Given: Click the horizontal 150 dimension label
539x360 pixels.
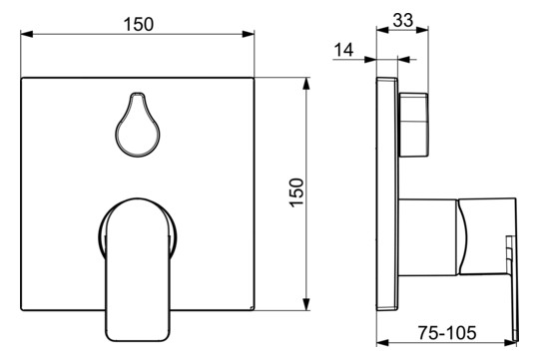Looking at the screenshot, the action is [x=139, y=24].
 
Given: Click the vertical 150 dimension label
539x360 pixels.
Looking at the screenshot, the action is [x=296, y=192].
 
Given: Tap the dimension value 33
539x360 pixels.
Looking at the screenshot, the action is [x=403, y=20].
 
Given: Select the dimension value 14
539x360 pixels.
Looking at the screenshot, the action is [x=343, y=50].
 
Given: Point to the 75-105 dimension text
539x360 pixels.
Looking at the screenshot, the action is [x=447, y=332].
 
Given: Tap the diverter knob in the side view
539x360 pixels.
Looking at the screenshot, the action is [x=413, y=125].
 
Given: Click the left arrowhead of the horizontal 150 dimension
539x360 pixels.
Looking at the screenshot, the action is [x=27, y=34].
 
